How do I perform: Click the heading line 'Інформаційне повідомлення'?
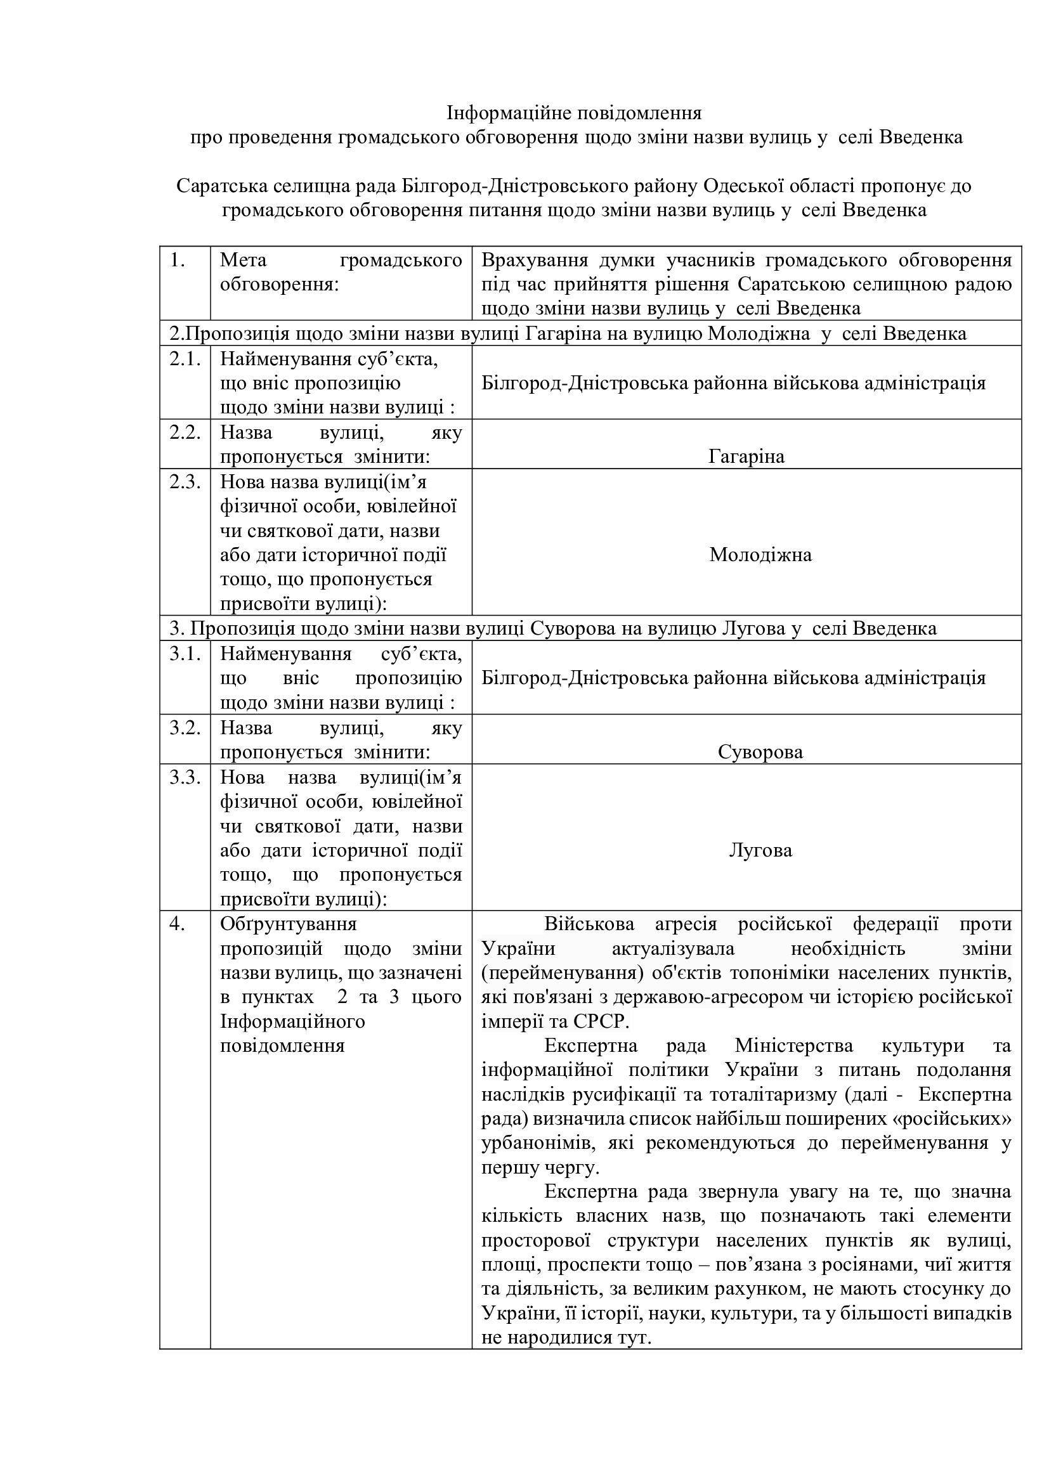coord(574,113)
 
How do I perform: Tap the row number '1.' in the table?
coord(178,261)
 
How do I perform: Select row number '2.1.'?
coord(185,359)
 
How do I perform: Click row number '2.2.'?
coord(185,433)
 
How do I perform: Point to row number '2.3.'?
coord(185,482)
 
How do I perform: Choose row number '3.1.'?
coord(185,654)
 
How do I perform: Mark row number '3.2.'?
coord(185,728)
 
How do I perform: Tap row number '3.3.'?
coord(185,777)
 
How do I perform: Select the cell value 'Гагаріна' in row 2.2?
coord(746,457)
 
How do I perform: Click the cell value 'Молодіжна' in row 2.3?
coord(760,555)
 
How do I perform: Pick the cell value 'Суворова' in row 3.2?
coord(760,753)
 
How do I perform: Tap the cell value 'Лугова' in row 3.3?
coord(760,850)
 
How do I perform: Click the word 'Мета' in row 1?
coord(243,261)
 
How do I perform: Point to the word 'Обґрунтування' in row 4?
coord(288,924)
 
